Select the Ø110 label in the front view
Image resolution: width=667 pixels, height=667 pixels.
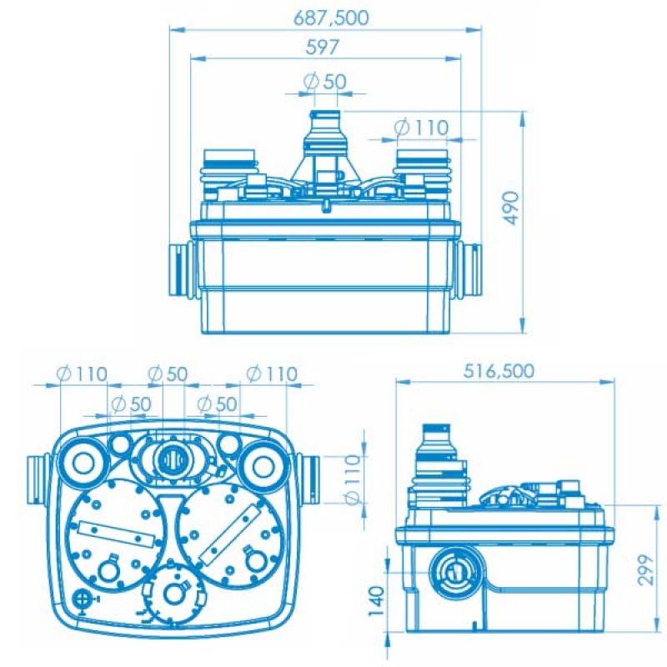[421, 128]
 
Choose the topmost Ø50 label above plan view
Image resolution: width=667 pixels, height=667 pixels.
[168, 374]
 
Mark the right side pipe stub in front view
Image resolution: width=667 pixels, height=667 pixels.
[469, 268]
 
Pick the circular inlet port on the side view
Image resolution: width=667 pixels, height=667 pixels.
[452, 571]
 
